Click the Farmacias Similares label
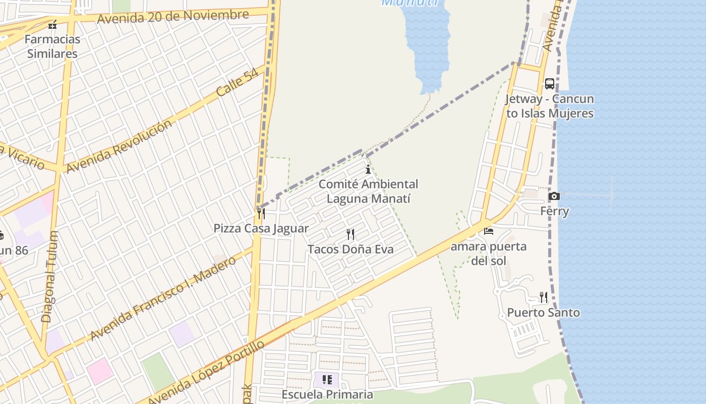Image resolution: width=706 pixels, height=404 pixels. (52, 46)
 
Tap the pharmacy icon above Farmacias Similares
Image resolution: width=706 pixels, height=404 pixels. (52, 24)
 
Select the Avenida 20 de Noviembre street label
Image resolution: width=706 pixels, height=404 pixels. (173, 16)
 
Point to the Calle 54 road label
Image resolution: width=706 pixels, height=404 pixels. (237, 82)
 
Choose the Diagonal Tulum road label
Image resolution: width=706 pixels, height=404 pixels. (49, 277)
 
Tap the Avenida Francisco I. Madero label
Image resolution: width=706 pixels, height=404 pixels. (163, 298)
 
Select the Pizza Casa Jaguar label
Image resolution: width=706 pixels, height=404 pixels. (261, 228)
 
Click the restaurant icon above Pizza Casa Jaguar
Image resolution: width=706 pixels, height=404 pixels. (261, 214)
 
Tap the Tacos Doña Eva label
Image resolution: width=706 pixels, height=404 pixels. (350, 249)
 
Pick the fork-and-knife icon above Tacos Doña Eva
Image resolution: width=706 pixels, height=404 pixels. (350, 234)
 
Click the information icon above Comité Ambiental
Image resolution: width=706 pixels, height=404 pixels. (368, 170)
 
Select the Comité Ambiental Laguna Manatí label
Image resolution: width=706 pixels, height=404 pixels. (368, 191)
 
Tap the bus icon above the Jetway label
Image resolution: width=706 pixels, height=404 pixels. (550, 84)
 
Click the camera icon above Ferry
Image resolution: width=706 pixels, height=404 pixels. (554, 196)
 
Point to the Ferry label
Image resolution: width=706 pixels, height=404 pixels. (555, 211)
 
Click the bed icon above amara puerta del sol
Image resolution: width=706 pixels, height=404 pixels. (489, 231)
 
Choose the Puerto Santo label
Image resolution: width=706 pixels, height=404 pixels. (543, 313)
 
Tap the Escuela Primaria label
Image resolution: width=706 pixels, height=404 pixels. (327, 394)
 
